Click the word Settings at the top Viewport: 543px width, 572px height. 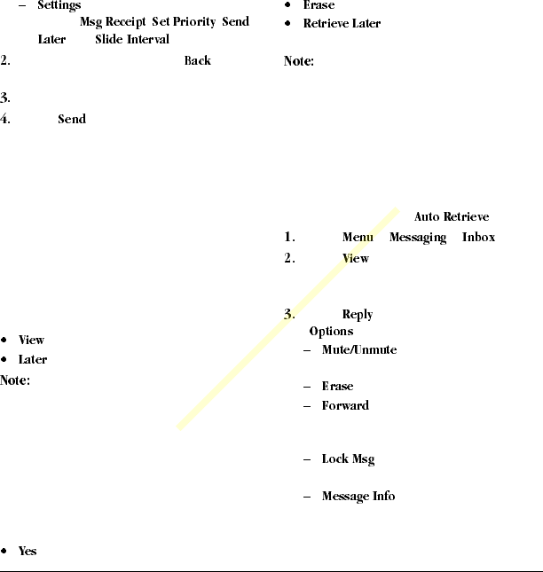59,5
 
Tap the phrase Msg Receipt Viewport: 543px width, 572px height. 113,22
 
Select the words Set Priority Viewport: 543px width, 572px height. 184,22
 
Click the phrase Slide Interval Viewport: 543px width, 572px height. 132,40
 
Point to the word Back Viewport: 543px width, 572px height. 198,61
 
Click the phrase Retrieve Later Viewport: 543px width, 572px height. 342,23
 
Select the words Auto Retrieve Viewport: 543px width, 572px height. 452,217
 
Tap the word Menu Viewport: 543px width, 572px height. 358,238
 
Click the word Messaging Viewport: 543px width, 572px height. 417,238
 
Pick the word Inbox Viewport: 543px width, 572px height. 478,238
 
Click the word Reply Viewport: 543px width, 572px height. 358,315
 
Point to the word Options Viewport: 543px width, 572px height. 331,332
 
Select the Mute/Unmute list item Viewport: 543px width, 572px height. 358,349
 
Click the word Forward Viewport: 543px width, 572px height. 345,405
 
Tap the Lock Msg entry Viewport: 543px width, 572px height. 348,459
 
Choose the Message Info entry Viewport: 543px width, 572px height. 358,496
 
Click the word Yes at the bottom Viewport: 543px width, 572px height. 28,551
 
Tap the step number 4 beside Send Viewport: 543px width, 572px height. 5,119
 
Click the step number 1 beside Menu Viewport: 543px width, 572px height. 289,238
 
